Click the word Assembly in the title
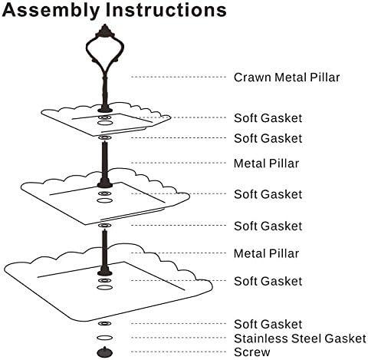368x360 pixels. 51,11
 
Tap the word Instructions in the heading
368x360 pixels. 166,9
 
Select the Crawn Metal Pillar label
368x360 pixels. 287,78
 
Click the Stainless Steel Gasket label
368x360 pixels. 300,339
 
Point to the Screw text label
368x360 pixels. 251,352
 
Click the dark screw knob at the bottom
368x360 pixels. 105,352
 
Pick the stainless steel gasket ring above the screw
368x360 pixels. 104,338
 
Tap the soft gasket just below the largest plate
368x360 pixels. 104,323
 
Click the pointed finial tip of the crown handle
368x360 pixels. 105,25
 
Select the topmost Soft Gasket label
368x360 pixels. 268,118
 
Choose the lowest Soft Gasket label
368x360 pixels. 268,324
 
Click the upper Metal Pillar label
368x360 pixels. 266,163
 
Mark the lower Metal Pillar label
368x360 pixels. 266,253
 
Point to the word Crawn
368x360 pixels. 252,78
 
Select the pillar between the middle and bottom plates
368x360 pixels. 105,253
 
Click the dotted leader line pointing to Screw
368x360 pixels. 179,352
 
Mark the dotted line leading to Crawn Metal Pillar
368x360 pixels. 179,77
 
